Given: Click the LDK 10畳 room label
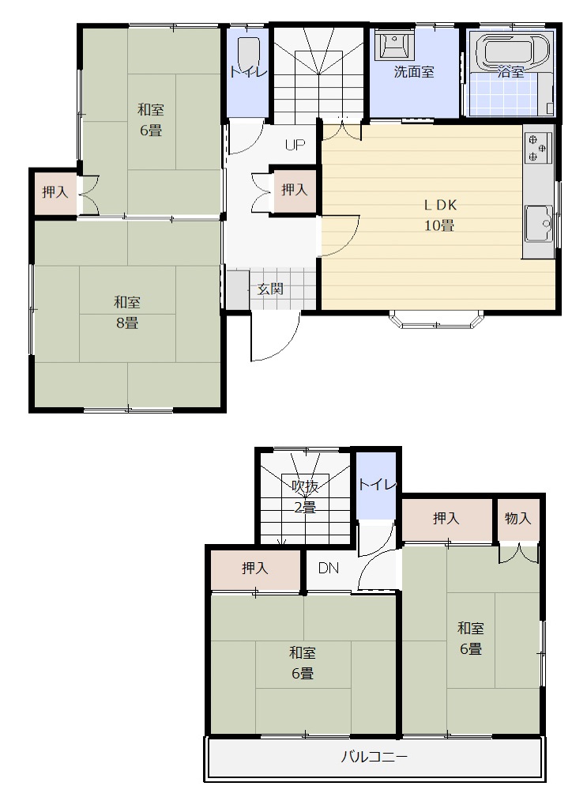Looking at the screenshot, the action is pyautogui.click(x=440, y=215).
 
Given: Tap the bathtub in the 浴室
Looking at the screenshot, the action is pyautogui.click(x=513, y=51).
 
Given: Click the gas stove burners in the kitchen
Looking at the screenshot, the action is pyautogui.click(x=538, y=147).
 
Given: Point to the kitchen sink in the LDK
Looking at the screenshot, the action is pyautogui.click(x=538, y=224).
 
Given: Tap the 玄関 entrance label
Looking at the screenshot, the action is pyautogui.click(x=270, y=289).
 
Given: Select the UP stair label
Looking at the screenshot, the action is pyautogui.click(x=295, y=146).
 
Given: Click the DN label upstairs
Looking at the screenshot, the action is pyautogui.click(x=329, y=569).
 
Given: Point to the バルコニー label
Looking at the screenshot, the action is pyautogui.click(x=374, y=757).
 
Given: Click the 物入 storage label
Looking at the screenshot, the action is pyautogui.click(x=517, y=519).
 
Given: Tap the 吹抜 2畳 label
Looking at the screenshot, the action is pyautogui.click(x=305, y=497).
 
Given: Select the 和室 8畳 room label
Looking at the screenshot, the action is pyautogui.click(x=126, y=312).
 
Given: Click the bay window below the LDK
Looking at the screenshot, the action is pyautogui.click(x=437, y=319).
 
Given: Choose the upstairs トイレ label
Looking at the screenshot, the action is pyautogui.click(x=377, y=484).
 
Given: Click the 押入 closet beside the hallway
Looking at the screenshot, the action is pyautogui.click(x=295, y=190).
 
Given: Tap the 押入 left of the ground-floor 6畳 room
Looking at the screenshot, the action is pyautogui.click(x=55, y=192).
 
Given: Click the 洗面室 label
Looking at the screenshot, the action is pyautogui.click(x=414, y=72).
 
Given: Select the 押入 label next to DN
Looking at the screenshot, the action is pyautogui.click(x=255, y=569).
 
